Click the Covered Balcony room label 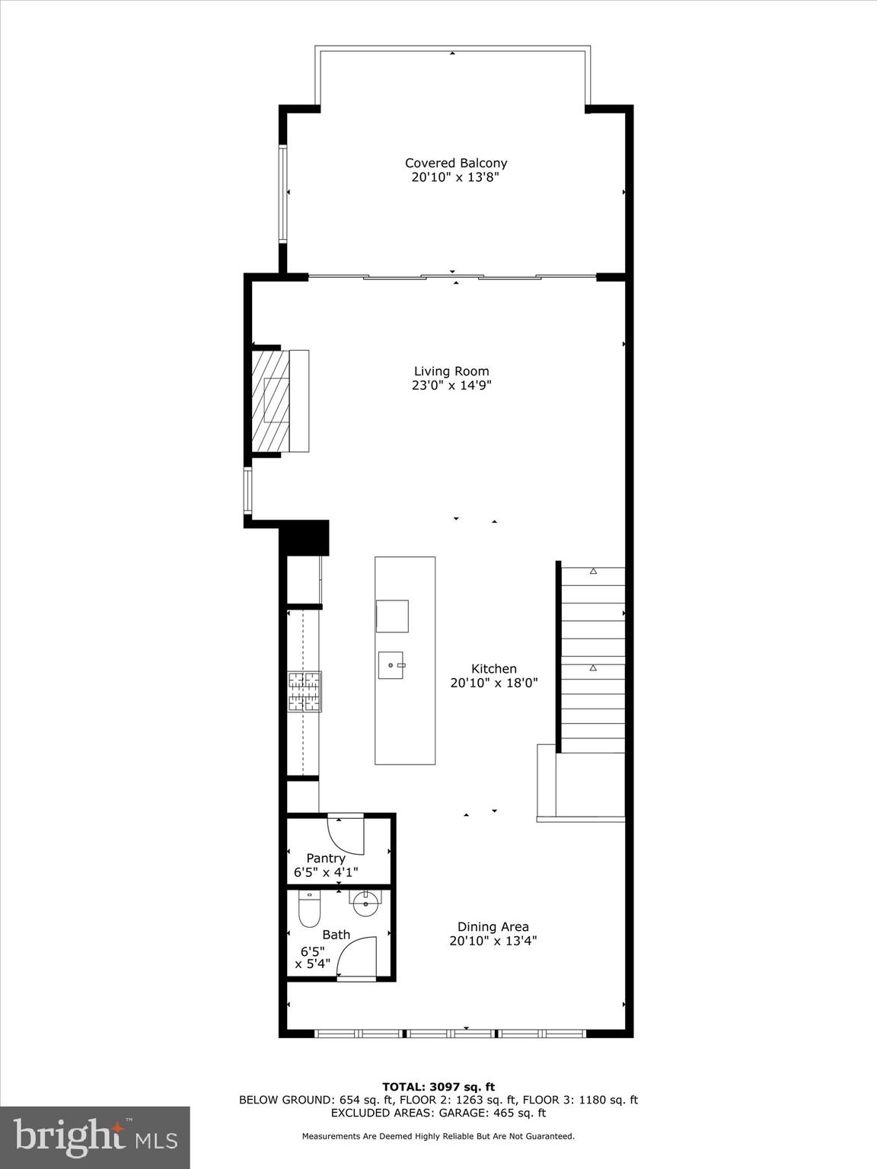point(455,163)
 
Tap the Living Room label point(451,371)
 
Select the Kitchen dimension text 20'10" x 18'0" point(494,683)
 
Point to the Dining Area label point(493,927)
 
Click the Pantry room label point(326,858)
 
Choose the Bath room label point(336,935)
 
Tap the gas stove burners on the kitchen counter point(305,691)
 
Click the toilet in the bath point(309,909)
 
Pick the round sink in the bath point(366,904)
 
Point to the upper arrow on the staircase point(593,571)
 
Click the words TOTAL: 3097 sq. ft point(438,1087)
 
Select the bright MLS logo point(95,1137)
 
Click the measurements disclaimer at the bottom point(438,1136)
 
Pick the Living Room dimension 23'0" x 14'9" point(451,386)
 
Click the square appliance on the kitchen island point(392,616)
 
